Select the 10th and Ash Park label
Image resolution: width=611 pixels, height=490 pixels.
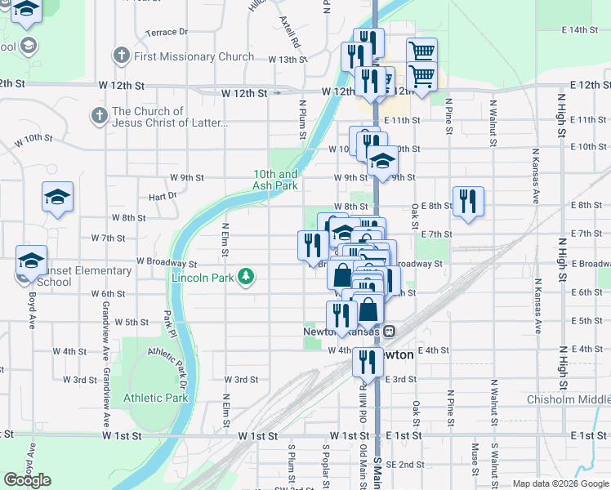[x=275, y=180]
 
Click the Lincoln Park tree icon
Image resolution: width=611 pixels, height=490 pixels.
[x=245, y=277]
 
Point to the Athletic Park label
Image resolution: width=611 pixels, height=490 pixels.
[x=156, y=399]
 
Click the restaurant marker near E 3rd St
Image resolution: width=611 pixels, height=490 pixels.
[x=368, y=361]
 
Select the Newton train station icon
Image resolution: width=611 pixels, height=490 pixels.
[x=390, y=332]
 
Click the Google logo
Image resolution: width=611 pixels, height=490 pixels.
[x=27, y=480]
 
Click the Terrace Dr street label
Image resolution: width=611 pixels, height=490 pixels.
[x=167, y=32]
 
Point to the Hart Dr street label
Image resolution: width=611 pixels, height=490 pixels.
[x=163, y=196]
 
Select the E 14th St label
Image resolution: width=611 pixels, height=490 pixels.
[x=580, y=29]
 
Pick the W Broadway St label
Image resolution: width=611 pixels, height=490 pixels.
[x=167, y=264]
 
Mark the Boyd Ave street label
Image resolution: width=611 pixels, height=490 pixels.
[x=32, y=304]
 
